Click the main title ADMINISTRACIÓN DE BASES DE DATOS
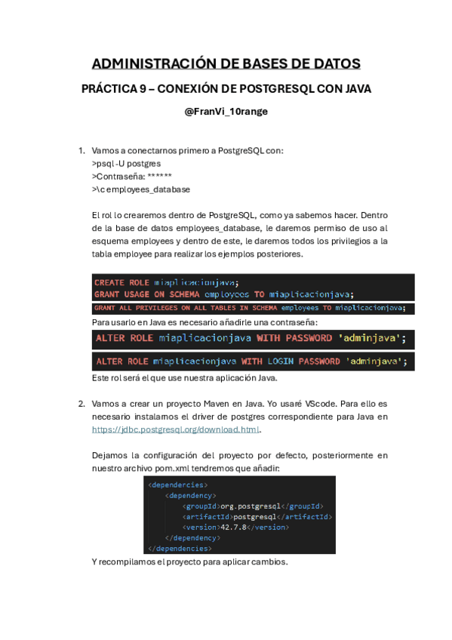[226, 63]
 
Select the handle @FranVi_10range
[226, 111]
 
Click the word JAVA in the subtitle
[358, 89]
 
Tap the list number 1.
[81, 150]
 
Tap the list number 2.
[81, 404]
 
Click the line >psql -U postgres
[126, 163]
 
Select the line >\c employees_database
[141, 189]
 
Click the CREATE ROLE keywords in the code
[121, 282]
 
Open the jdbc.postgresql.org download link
[175, 429]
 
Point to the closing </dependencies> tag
[178, 548]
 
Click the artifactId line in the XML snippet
[257, 516]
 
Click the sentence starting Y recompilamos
[189, 562]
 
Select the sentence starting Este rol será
[184, 377]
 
